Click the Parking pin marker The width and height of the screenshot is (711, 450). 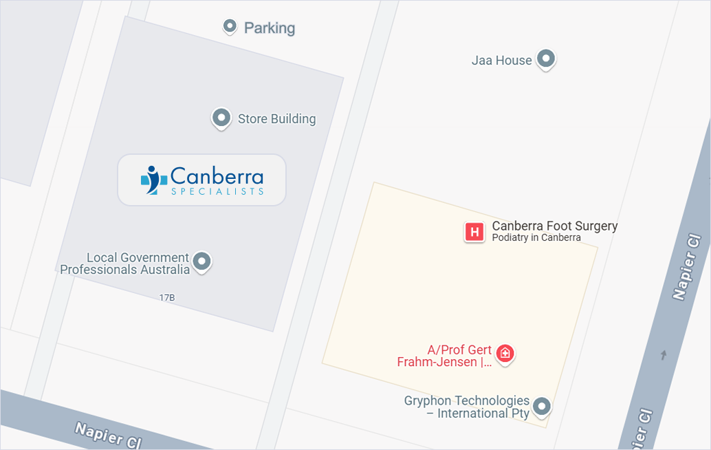tap(230, 27)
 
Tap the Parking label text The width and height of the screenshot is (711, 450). tap(270, 28)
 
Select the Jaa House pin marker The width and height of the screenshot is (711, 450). tap(546, 59)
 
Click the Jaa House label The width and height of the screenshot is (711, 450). tap(501, 61)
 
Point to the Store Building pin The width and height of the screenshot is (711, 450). tap(221, 118)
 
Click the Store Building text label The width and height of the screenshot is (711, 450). tap(276, 119)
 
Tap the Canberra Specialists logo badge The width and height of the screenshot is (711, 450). tap(201, 180)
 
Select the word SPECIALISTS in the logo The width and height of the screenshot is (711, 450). tap(217, 191)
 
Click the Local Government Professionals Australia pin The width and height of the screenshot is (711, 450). tap(201, 261)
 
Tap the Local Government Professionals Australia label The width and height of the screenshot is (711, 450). tap(124, 264)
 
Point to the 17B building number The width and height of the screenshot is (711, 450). tap(167, 298)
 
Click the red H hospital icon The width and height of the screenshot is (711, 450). tap(474, 232)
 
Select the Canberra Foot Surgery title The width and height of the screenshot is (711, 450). tap(554, 226)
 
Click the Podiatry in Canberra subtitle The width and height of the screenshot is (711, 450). tap(536, 238)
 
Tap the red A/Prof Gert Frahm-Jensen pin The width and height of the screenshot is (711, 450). tap(505, 354)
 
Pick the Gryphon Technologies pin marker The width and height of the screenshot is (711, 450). tap(542, 406)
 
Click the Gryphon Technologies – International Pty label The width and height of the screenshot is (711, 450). tap(467, 407)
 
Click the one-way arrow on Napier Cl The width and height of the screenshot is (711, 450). tap(664, 355)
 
